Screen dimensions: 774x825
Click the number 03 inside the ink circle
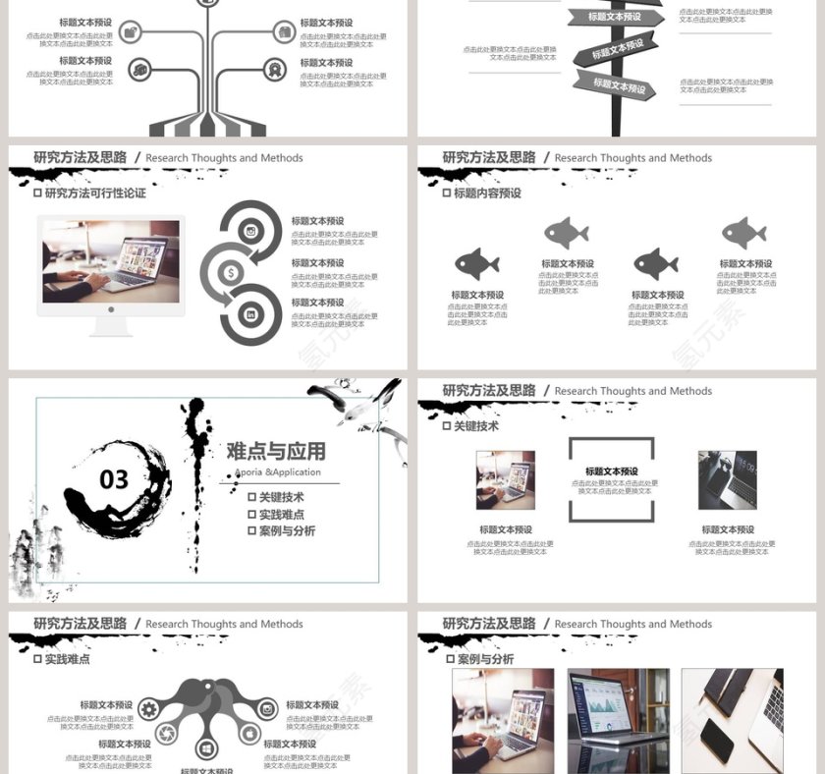(114, 479)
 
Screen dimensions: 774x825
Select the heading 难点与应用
(276, 451)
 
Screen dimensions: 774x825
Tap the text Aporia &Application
(278, 472)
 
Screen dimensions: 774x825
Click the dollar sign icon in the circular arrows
(230, 273)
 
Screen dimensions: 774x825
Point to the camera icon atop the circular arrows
(251, 232)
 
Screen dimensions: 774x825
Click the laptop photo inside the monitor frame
(110, 261)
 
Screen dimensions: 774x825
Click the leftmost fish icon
(476, 263)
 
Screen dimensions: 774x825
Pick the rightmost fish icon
(743, 233)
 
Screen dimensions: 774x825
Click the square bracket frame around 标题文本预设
(611, 479)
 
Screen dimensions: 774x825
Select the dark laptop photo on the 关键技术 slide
(727, 480)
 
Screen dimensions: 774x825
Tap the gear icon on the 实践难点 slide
(149, 709)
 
